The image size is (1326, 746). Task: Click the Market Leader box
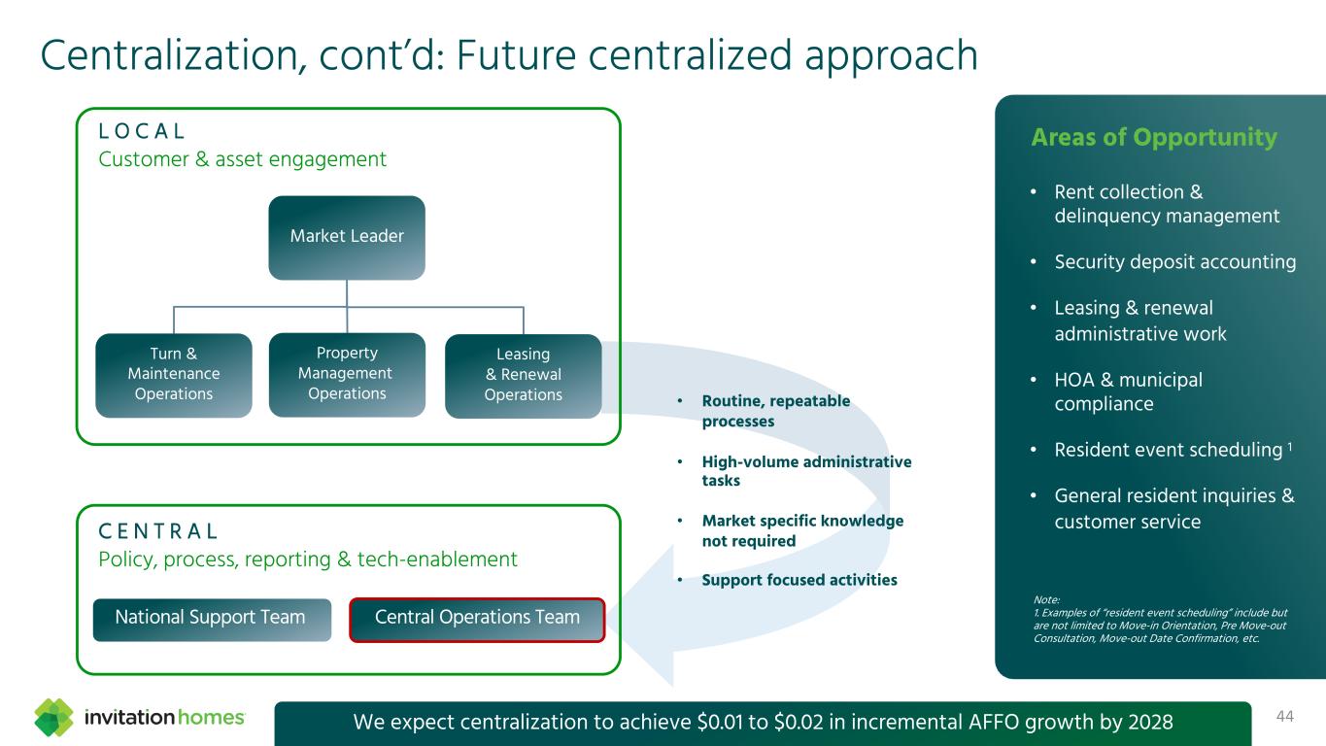coord(347,237)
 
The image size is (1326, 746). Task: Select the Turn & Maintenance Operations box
coord(174,375)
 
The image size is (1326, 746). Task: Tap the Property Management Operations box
coord(347,374)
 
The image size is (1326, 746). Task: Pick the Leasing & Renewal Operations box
coord(523,375)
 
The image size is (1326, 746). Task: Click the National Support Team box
coord(211,619)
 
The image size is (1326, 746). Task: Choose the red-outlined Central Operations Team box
coord(477,619)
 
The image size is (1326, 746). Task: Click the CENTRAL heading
coord(158,531)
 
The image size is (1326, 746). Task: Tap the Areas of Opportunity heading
coord(1153,138)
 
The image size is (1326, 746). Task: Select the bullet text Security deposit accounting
coord(1174,262)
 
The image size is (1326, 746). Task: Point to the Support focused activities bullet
coord(799,580)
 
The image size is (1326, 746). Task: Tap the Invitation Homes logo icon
coord(54,718)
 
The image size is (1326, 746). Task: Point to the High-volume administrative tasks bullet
coord(805,471)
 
